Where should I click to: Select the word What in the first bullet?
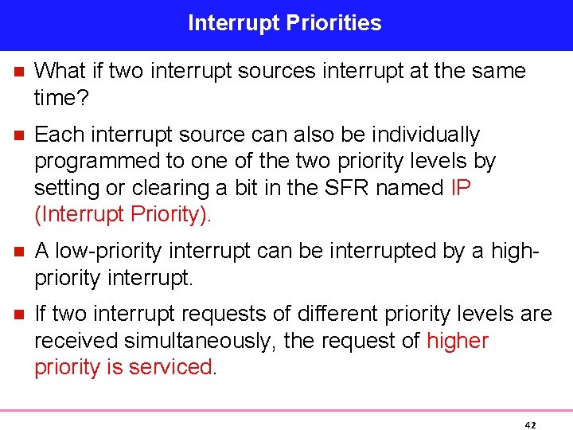[59, 72]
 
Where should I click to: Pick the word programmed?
[97, 162]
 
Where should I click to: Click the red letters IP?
[460, 188]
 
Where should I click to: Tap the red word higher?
[458, 341]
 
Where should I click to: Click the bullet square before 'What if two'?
[18, 72]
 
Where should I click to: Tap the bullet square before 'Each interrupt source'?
[18, 135]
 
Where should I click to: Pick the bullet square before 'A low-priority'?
[18, 252]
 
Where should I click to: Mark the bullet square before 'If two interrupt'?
[18, 315]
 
